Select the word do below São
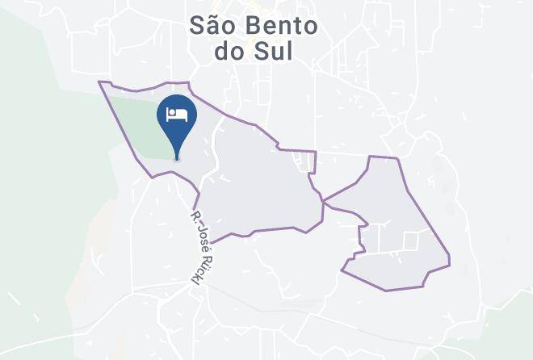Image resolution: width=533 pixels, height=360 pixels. pos(230,52)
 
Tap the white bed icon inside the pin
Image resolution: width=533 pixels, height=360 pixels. pos(178,114)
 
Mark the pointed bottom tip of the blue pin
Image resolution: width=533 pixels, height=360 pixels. pos(178,159)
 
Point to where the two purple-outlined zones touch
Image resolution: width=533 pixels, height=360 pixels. pos(322,200)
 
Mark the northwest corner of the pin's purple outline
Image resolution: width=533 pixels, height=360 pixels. pos(99,82)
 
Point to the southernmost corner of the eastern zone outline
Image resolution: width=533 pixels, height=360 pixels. pos(386,290)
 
